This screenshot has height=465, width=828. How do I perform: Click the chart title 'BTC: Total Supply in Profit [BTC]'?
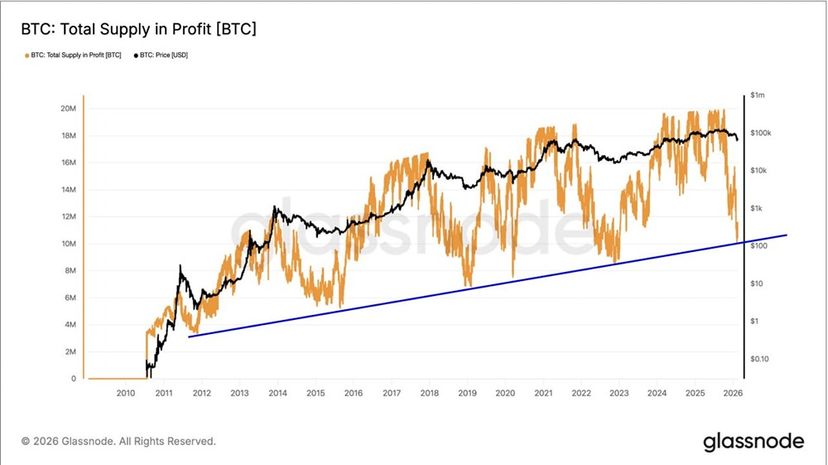click(x=138, y=30)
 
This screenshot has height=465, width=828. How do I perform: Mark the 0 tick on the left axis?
click(x=75, y=379)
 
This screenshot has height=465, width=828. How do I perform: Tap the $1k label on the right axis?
click(x=756, y=208)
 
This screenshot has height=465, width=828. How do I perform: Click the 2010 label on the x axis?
click(x=125, y=394)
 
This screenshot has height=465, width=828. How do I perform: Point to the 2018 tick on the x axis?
click(x=429, y=394)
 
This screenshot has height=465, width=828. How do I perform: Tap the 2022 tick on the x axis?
click(x=581, y=394)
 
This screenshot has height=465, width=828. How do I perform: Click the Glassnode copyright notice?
click(x=118, y=441)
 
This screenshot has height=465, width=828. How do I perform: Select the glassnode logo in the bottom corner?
click(x=753, y=442)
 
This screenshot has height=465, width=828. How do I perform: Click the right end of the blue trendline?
click(x=786, y=235)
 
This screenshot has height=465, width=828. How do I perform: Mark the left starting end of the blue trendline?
click(x=190, y=337)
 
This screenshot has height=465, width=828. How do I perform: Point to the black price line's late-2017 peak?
click(x=428, y=161)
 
